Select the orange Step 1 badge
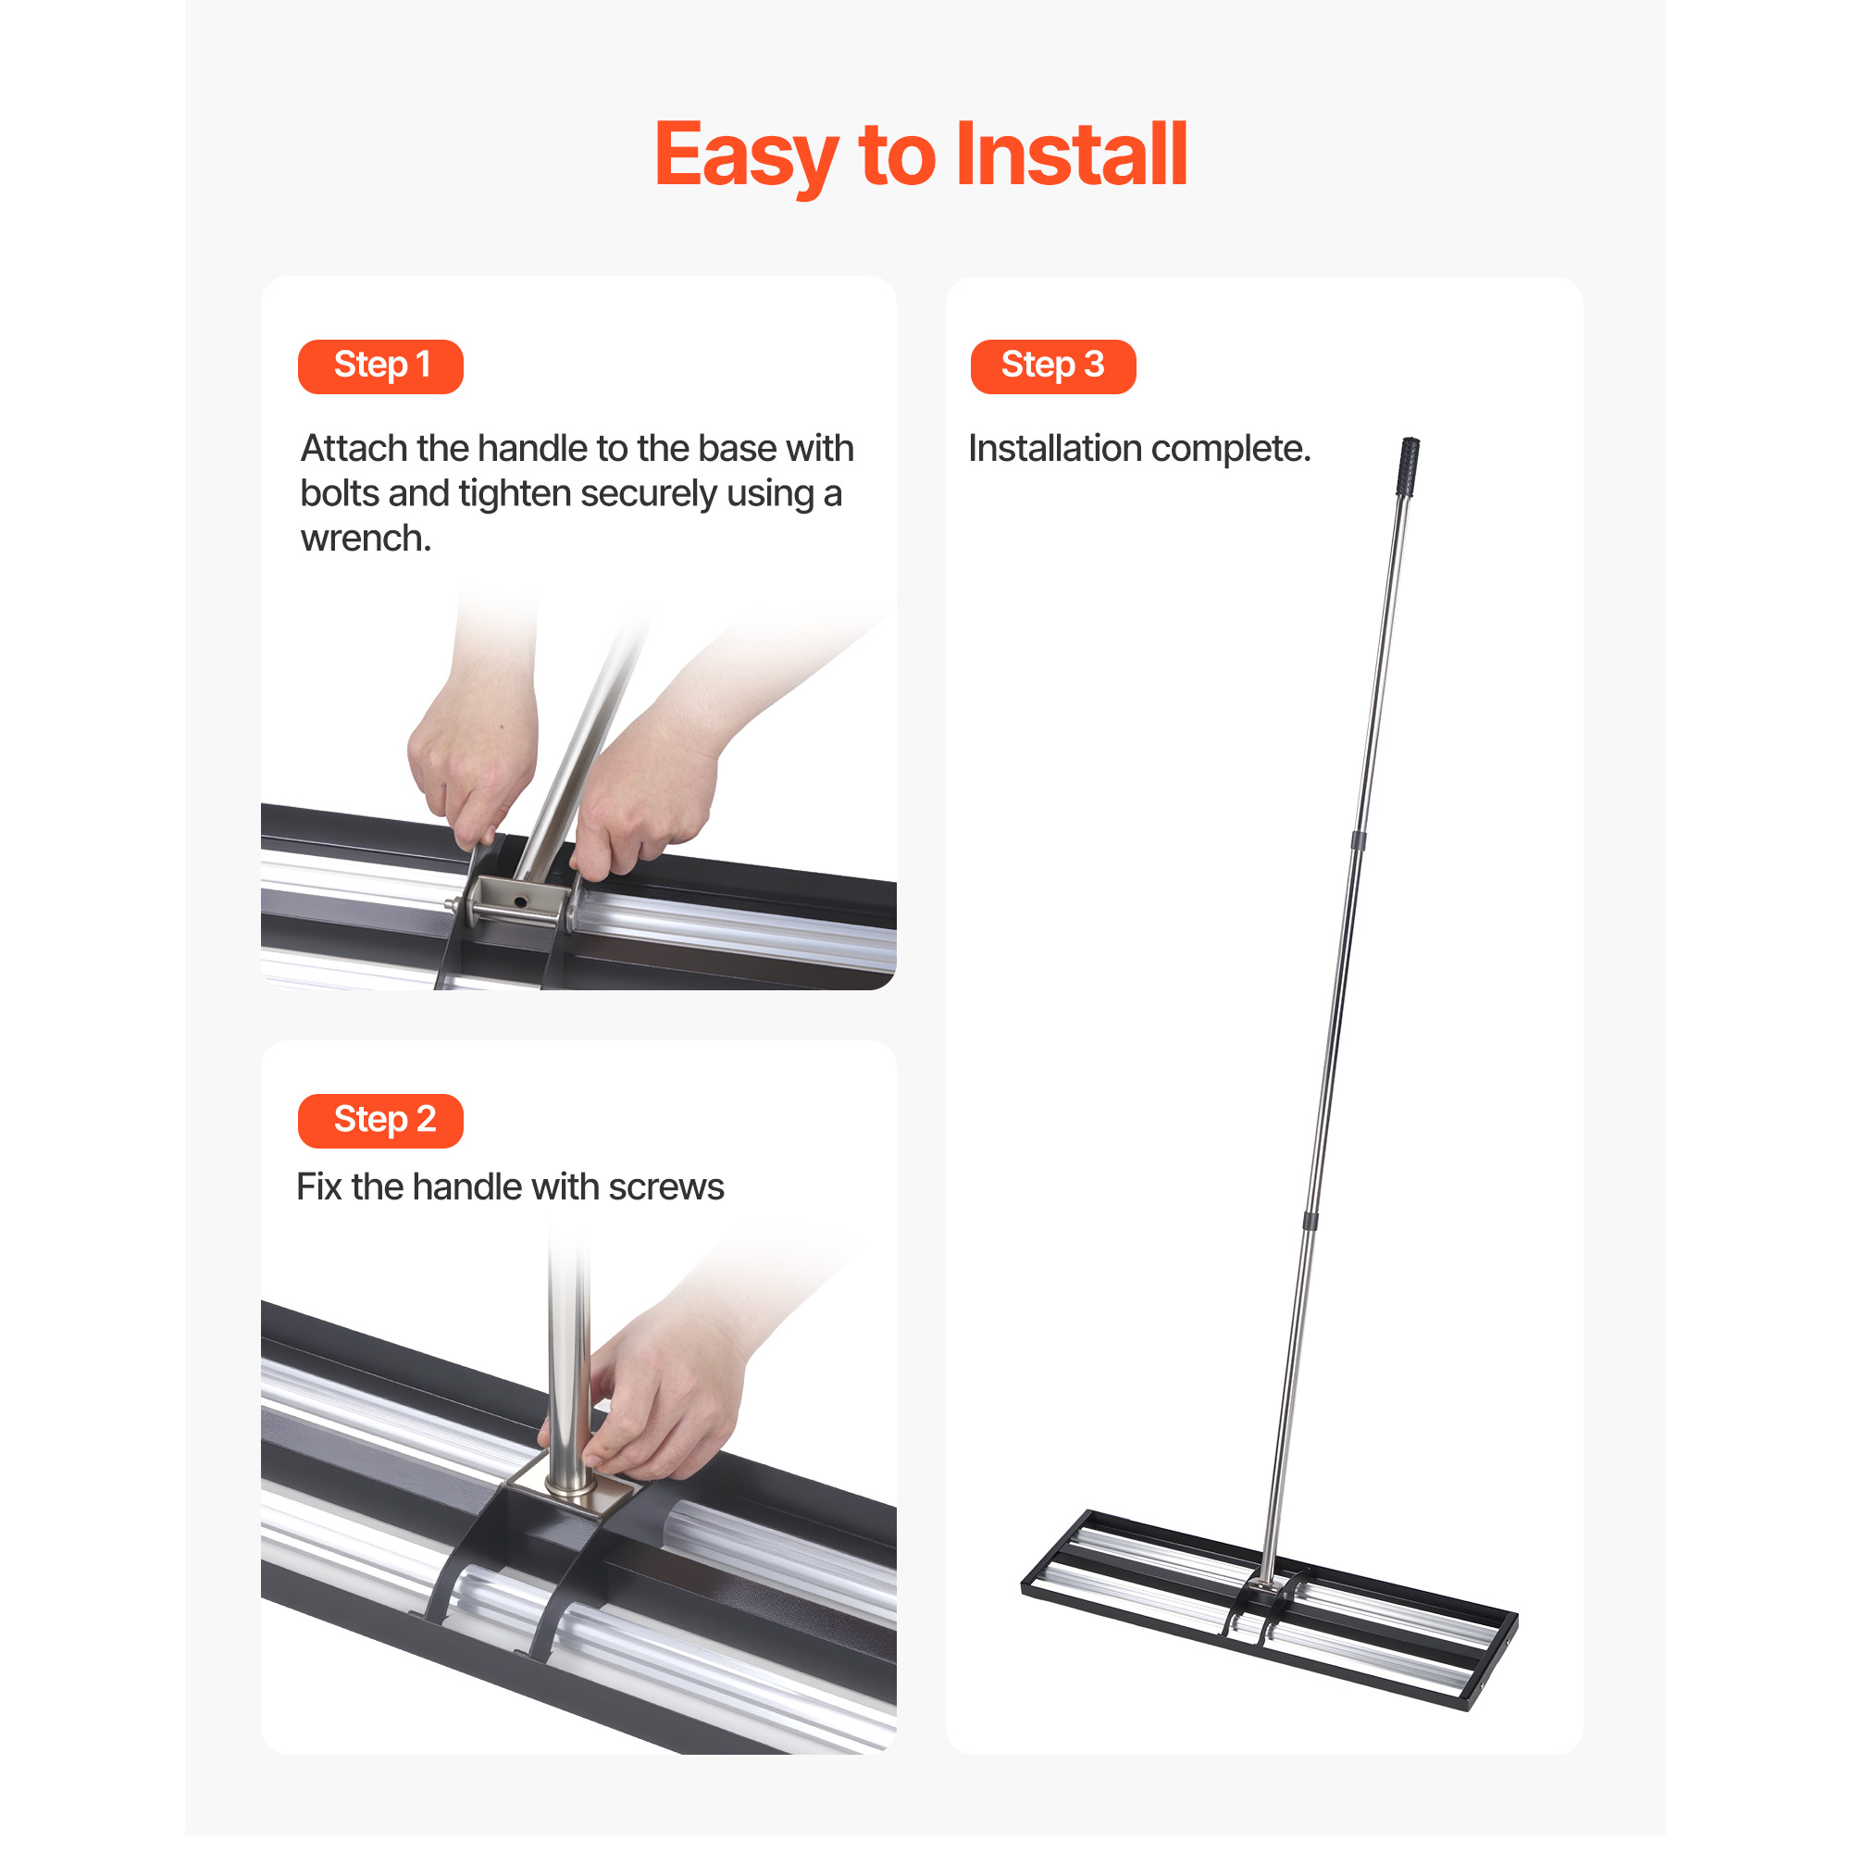click(x=380, y=366)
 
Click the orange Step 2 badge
click(x=380, y=1120)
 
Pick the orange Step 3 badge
click(x=1053, y=366)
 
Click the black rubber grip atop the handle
click(x=1408, y=466)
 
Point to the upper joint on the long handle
click(x=1359, y=841)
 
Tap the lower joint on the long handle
click(x=1310, y=1221)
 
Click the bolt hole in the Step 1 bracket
click(x=520, y=901)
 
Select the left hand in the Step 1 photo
click(x=473, y=759)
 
